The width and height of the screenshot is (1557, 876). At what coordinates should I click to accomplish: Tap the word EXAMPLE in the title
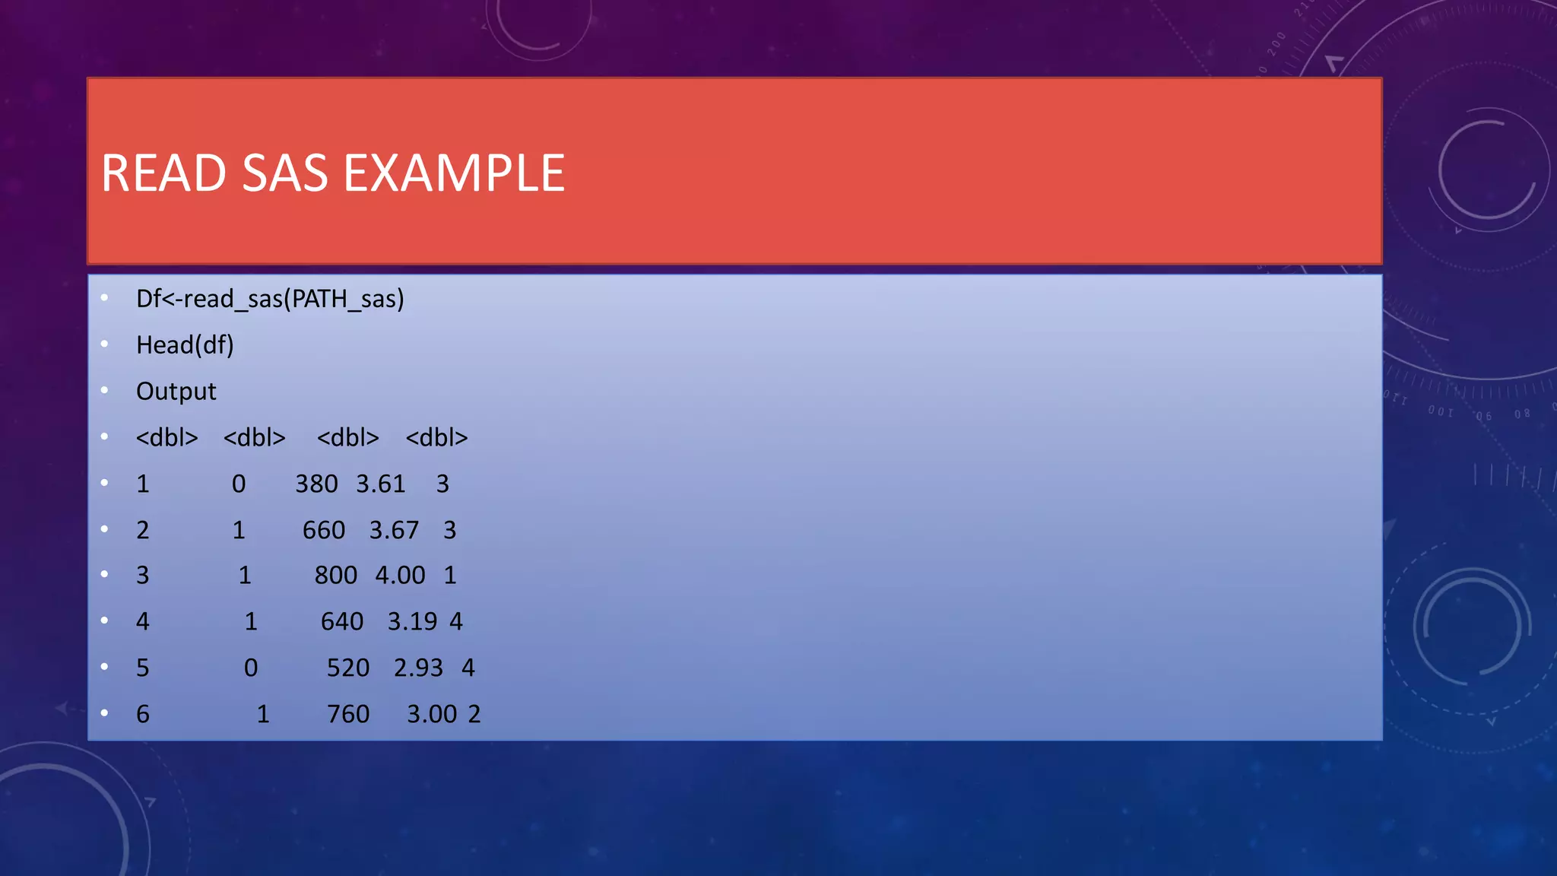coord(454,173)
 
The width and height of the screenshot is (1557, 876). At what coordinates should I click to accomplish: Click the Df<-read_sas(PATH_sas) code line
coord(270,299)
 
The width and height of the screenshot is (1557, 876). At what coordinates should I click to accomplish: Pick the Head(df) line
coord(185,345)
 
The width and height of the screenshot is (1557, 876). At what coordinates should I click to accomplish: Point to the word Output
coord(176,392)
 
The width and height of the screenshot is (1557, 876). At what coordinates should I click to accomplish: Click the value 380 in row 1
coord(316,484)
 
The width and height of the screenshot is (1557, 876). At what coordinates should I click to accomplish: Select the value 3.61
coord(381,484)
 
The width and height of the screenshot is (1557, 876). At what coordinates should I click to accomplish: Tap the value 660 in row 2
coord(324,530)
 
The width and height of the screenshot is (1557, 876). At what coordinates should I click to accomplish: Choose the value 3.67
coord(394,530)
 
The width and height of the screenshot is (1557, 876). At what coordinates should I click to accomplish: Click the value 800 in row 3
coord(336,576)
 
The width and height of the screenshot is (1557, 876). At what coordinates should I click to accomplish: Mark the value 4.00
coord(400,576)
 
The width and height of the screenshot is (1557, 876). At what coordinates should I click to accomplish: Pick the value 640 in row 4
coord(342,622)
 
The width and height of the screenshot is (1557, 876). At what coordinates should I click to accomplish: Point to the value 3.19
coord(412,622)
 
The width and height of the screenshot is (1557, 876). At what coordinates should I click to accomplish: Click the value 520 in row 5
coord(348,668)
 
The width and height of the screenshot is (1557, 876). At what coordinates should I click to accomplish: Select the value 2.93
coord(418,668)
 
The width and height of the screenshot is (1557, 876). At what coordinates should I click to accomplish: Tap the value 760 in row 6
coord(348,715)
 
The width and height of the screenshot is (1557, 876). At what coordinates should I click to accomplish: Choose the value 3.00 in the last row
coord(432,715)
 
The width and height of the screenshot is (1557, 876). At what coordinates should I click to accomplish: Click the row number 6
coord(143,715)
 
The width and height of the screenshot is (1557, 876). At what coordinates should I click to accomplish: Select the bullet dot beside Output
coord(104,391)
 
